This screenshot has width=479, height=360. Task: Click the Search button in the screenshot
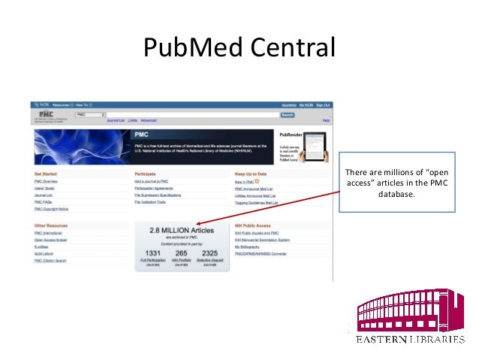pyautogui.click(x=287, y=115)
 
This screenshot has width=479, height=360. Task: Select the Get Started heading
pyautogui.click(x=46, y=174)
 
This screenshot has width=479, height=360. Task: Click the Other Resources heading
pyautogui.click(x=50, y=225)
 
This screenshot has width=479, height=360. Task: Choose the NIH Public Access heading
pyautogui.click(x=252, y=225)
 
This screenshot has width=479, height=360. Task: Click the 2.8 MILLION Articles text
pyautogui.click(x=181, y=230)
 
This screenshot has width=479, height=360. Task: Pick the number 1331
pyautogui.click(x=153, y=254)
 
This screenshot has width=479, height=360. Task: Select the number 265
pyautogui.click(x=181, y=254)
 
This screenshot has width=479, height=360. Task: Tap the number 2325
pyautogui.click(x=210, y=254)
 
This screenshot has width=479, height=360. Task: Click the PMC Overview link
pyautogui.click(x=46, y=182)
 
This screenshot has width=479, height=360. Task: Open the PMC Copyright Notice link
pyautogui.click(x=51, y=209)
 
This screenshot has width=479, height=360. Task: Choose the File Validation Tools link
pyautogui.click(x=151, y=202)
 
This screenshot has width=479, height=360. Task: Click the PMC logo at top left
pyautogui.click(x=46, y=115)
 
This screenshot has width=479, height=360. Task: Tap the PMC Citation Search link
pyautogui.click(x=50, y=261)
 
